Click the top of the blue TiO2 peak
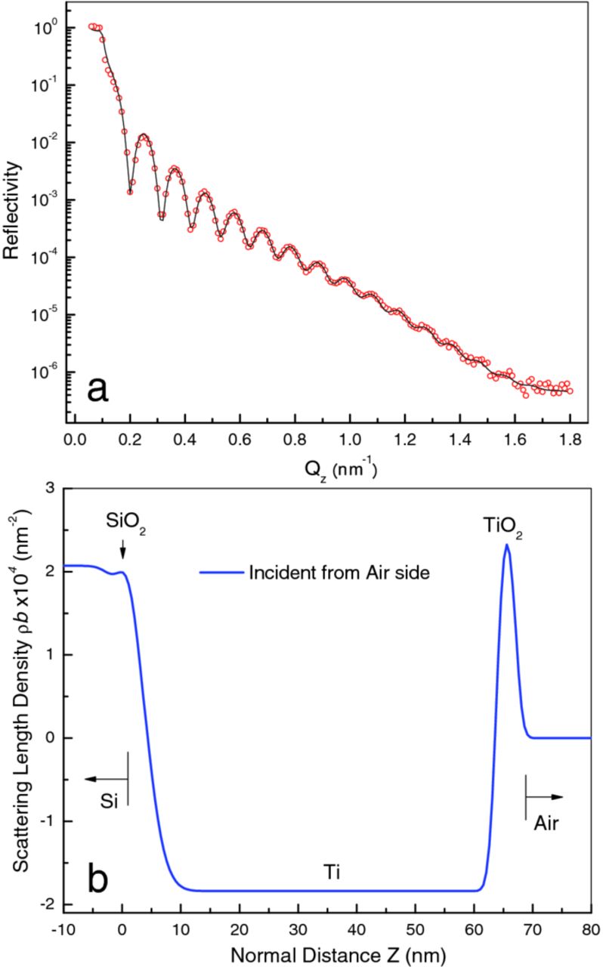tap(506, 545)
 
